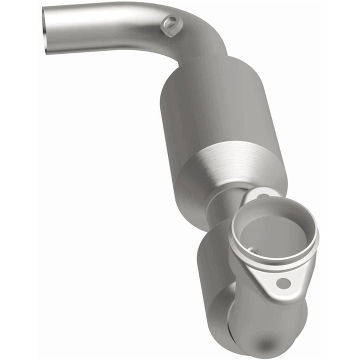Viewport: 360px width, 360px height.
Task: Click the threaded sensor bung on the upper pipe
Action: click(171, 23)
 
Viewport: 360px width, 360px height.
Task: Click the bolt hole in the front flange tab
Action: click(283, 283)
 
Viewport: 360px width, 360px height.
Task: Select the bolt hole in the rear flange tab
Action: click(262, 194)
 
